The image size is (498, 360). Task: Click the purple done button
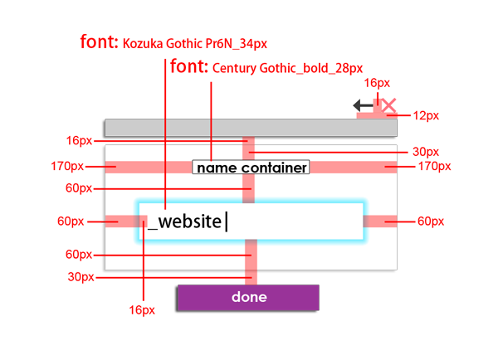(247, 297)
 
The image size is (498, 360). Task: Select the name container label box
(251, 168)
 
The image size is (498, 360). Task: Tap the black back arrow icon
(362, 105)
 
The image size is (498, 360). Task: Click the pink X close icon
(388, 106)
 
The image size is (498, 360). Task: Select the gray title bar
(250, 128)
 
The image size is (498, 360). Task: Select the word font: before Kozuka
(99, 41)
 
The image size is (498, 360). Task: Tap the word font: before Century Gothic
(188, 67)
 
